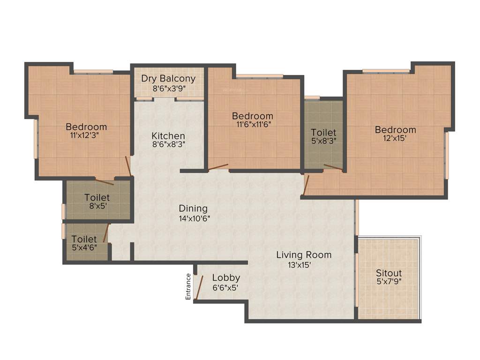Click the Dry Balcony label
pyautogui.click(x=168, y=78)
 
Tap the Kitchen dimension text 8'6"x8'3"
pyautogui.click(x=168, y=144)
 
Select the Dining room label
pyautogui.click(x=193, y=209)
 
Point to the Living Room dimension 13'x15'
pyautogui.click(x=300, y=264)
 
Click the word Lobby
pyautogui.click(x=226, y=277)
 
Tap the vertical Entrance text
pyautogui.click(x=188, y=286)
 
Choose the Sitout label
pyautogui.click(x=389, y=273)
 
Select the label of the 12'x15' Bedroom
pyautogui.click(x=395, y=130)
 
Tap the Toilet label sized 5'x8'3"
pyautogui.click(x=323, y=133)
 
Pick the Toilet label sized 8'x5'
pyautogui.click(x=97, y=197)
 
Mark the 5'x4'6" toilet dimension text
pyautogui.click(x=84, y=247)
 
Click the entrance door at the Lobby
pyautogui.click(x=199, y=287)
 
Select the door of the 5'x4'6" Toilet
pyautogui.click(x=106, y=233)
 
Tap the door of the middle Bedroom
pyautogui.click(x=218, y=166)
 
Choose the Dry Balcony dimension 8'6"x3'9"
pyautogui.click(x=168, y=88)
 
